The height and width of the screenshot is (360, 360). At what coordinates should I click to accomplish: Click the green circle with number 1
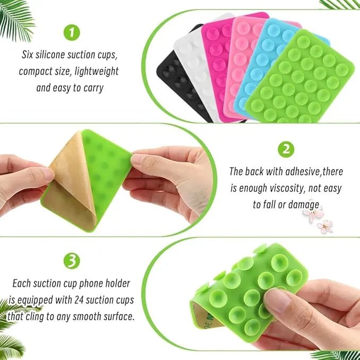click(x=71, y=33)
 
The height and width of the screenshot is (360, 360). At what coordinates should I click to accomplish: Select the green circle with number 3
click(x=71, y=260)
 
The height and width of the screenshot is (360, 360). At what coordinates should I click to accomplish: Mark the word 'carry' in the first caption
click(x=93, y=87)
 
